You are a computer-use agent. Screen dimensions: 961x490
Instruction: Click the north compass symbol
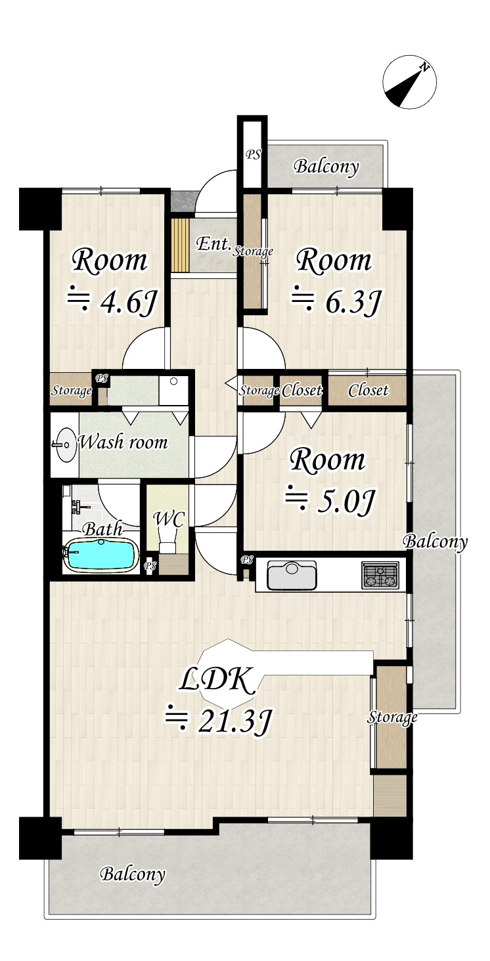(x=410, y=83)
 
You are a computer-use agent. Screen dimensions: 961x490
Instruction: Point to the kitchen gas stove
(x=380, y=575)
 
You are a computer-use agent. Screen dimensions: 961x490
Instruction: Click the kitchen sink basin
(x=292, y=576)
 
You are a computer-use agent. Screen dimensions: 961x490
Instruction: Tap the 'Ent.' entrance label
(x=213, y=244)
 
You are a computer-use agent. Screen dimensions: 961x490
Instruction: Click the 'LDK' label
(x=217, y=683)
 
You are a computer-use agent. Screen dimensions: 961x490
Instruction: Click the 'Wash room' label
(x=123, y=442)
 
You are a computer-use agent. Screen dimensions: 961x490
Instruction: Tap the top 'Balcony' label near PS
(x=326, y=167)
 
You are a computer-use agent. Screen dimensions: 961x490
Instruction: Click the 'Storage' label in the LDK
(x=392, y=717)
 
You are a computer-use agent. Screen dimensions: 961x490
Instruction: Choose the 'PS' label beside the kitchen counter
(x=247, y=560)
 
